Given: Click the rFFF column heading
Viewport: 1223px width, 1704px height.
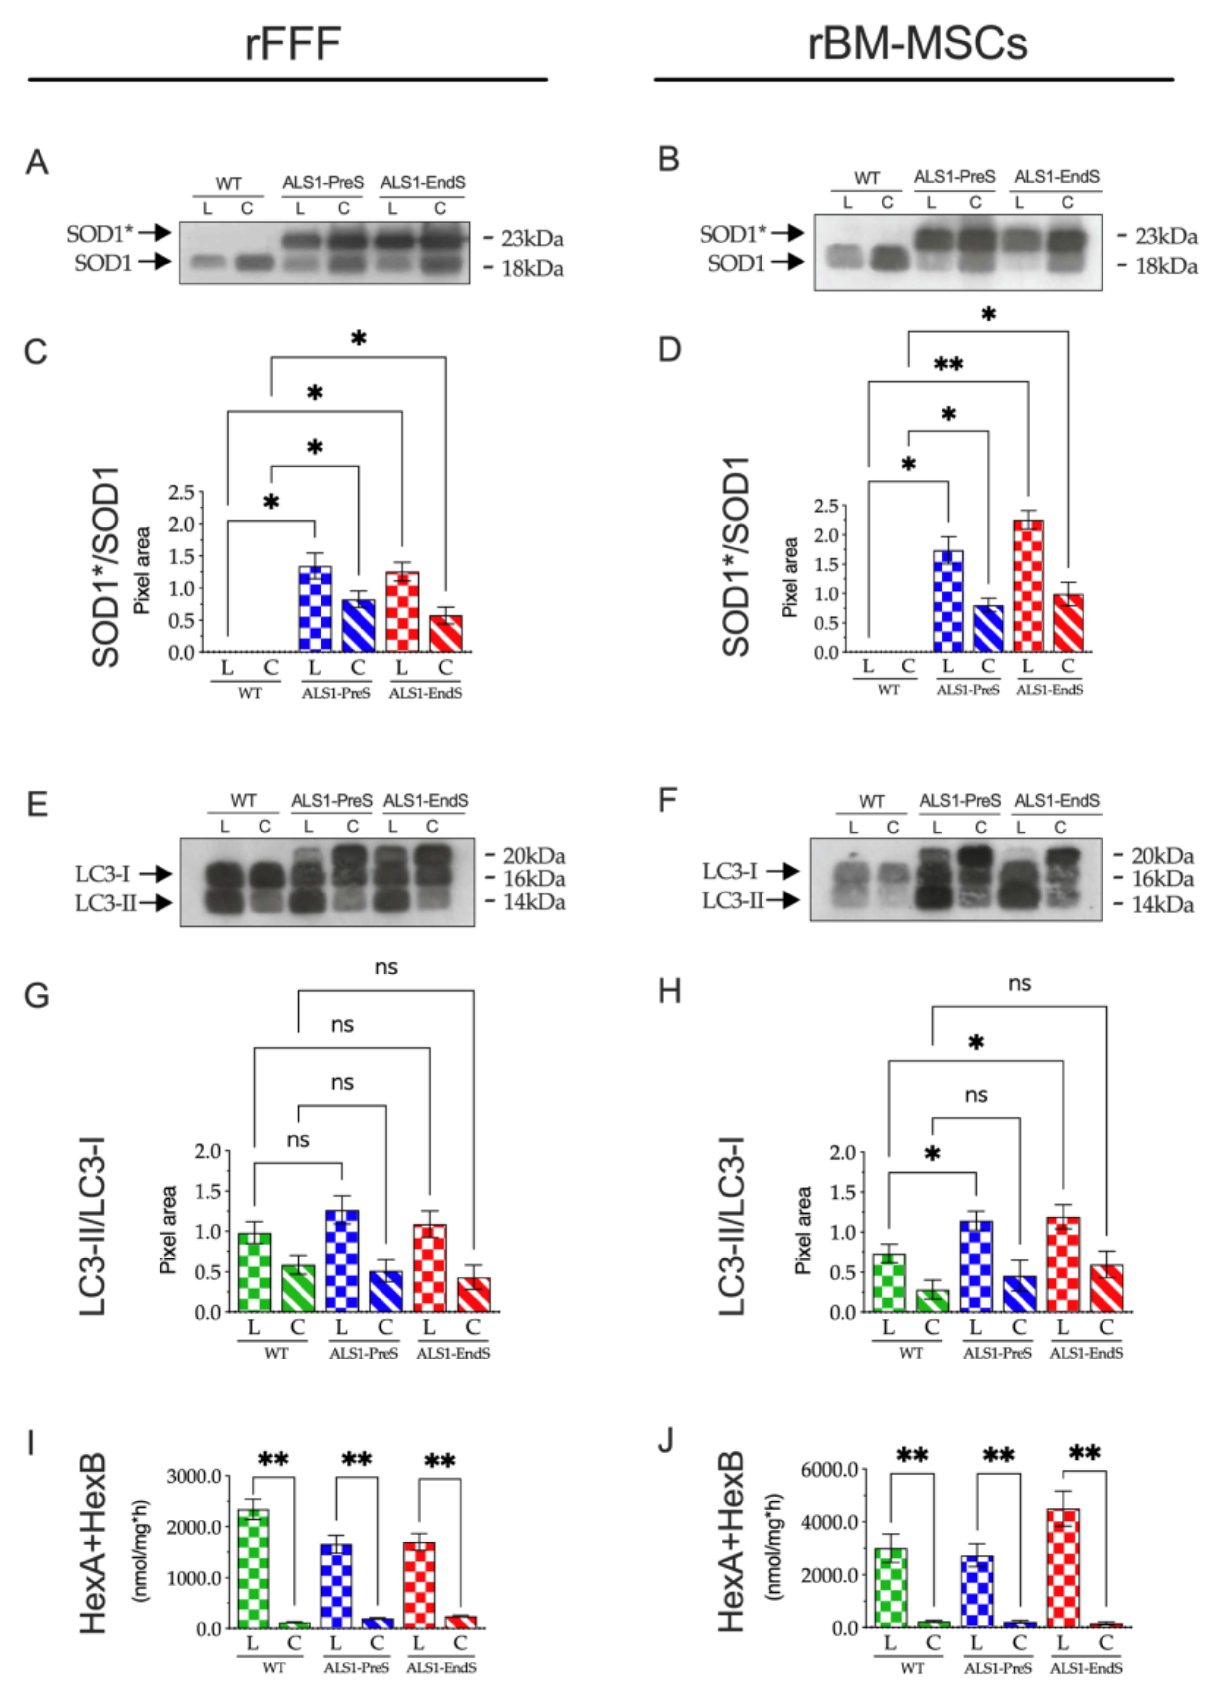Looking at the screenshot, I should click(x=293, y=43).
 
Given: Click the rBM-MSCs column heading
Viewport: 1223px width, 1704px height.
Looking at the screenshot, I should click(x=917, y=43).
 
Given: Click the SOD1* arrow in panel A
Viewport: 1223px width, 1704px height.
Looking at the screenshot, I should click(x=155, y=233).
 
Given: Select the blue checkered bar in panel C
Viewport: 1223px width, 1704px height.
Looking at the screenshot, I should click(x=315, y=608).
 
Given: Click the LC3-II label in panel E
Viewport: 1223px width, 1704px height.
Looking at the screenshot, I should click(x=105, y=903).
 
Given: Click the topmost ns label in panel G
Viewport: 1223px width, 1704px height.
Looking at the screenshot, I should click(x=385, y=967).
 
